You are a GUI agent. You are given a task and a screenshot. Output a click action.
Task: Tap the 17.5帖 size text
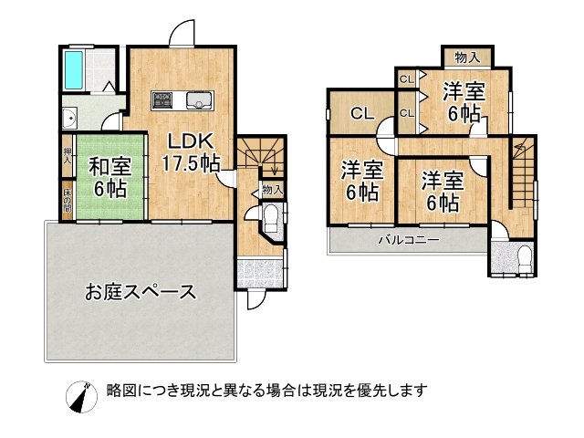point(190,164)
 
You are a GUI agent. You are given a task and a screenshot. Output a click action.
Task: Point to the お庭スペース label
point(141,292)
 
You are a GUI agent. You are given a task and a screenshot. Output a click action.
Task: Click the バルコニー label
point(410,241)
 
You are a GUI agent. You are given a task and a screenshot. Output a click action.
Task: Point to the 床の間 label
point(68,201)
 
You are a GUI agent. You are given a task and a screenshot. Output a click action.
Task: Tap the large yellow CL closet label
point(361,113)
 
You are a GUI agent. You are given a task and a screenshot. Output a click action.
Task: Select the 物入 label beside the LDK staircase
point(272,189)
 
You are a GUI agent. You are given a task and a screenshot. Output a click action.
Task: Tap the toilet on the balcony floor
point(524,257)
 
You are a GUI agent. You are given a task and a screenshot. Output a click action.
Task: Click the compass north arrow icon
point(81,393)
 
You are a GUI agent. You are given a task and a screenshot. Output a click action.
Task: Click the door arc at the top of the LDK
point(183,34)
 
